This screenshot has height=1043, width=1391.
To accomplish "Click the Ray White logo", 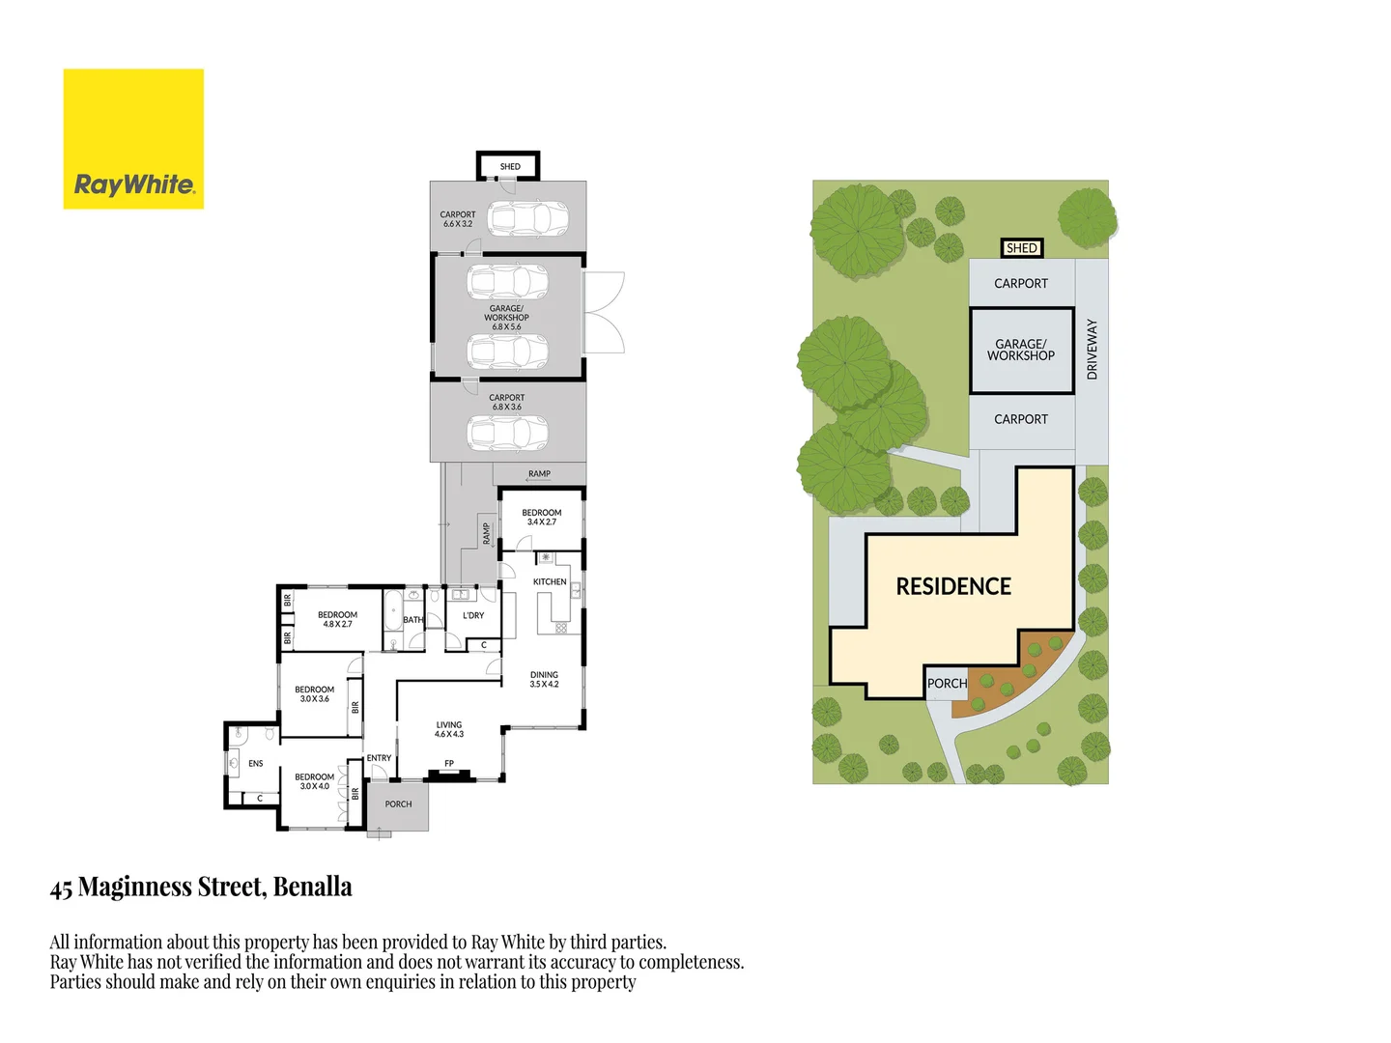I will tap(133, 139).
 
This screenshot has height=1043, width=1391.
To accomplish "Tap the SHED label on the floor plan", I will tap(510, 167).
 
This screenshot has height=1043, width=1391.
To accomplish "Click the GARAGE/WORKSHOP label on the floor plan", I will tap(506, 317).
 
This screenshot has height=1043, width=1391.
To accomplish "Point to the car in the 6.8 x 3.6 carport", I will tap(507, 433).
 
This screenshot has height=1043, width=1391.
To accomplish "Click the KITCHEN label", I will tap(550, 581).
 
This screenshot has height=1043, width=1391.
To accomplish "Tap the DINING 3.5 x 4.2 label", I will tap(544, 679).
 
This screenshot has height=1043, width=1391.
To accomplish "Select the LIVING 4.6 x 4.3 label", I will tap(449, 729).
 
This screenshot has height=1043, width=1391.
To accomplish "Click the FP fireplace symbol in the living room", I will tap(449, 771).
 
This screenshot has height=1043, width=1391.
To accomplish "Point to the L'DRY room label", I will tap(473, 615).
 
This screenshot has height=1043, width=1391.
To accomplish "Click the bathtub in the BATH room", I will tap(392, 611).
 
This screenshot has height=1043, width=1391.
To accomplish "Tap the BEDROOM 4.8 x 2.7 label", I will tap(337, 619).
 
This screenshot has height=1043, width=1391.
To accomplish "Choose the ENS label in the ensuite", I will tap(255, 763).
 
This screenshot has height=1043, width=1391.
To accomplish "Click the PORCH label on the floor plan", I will tap(398, 803).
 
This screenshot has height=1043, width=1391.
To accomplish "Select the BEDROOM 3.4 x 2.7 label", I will tap(541, 517).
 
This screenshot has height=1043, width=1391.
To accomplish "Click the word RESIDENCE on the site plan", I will tap(953, 586).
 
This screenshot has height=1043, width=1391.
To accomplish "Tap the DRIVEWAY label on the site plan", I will tap(1093, 349).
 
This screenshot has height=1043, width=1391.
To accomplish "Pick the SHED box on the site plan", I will tap(1021, 248).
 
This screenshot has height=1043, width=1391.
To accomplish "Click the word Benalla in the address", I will tap(312, 887).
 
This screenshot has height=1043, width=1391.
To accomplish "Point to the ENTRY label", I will tap(379, 758).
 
